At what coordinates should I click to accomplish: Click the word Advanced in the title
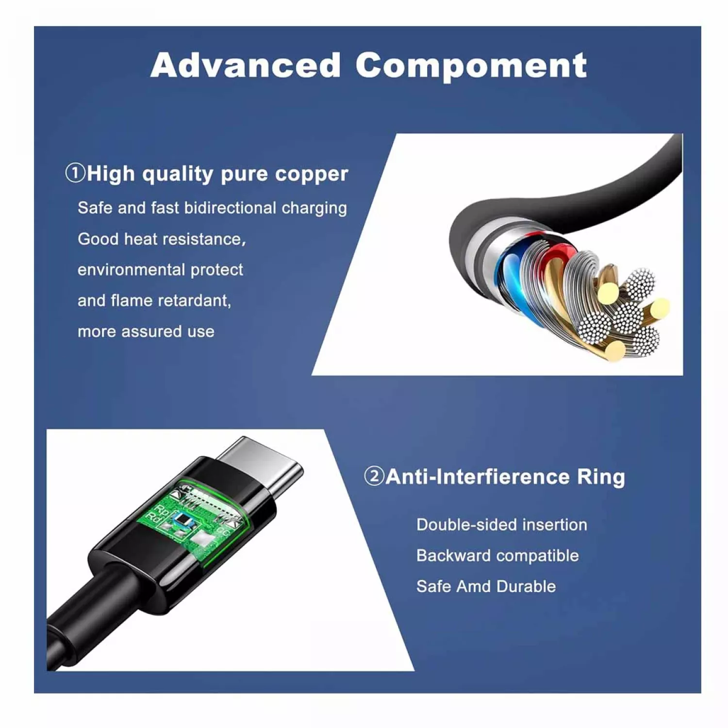point(245,66)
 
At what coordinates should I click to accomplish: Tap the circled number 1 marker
point(75,173)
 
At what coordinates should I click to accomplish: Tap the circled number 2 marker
point(374,476)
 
